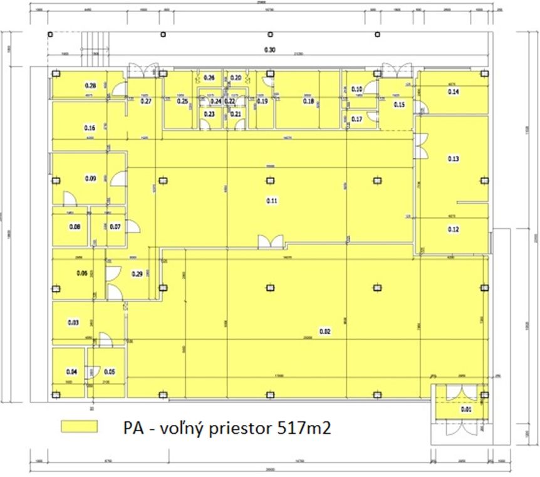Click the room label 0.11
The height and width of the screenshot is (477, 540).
(271, 201)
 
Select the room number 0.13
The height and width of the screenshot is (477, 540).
(454, 159)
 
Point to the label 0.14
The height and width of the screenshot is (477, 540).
(453, 92)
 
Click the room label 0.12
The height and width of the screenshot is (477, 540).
(454, 229)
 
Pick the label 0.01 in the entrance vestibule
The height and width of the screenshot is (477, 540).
(465, 409)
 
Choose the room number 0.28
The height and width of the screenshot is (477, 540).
(90, 86)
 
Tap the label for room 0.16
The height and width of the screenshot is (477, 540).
(90, 128)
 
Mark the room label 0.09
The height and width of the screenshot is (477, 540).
(90, 179)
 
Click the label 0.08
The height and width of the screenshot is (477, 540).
(75, 226)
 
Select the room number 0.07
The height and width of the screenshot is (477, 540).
(115, 226)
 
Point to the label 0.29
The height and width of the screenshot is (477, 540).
(137, 273)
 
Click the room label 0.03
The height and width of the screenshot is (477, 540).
(73, 323)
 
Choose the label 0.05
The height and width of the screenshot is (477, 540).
(109, 371)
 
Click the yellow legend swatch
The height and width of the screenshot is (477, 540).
(80, 426)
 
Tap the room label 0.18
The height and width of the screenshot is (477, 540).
(308, 101)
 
